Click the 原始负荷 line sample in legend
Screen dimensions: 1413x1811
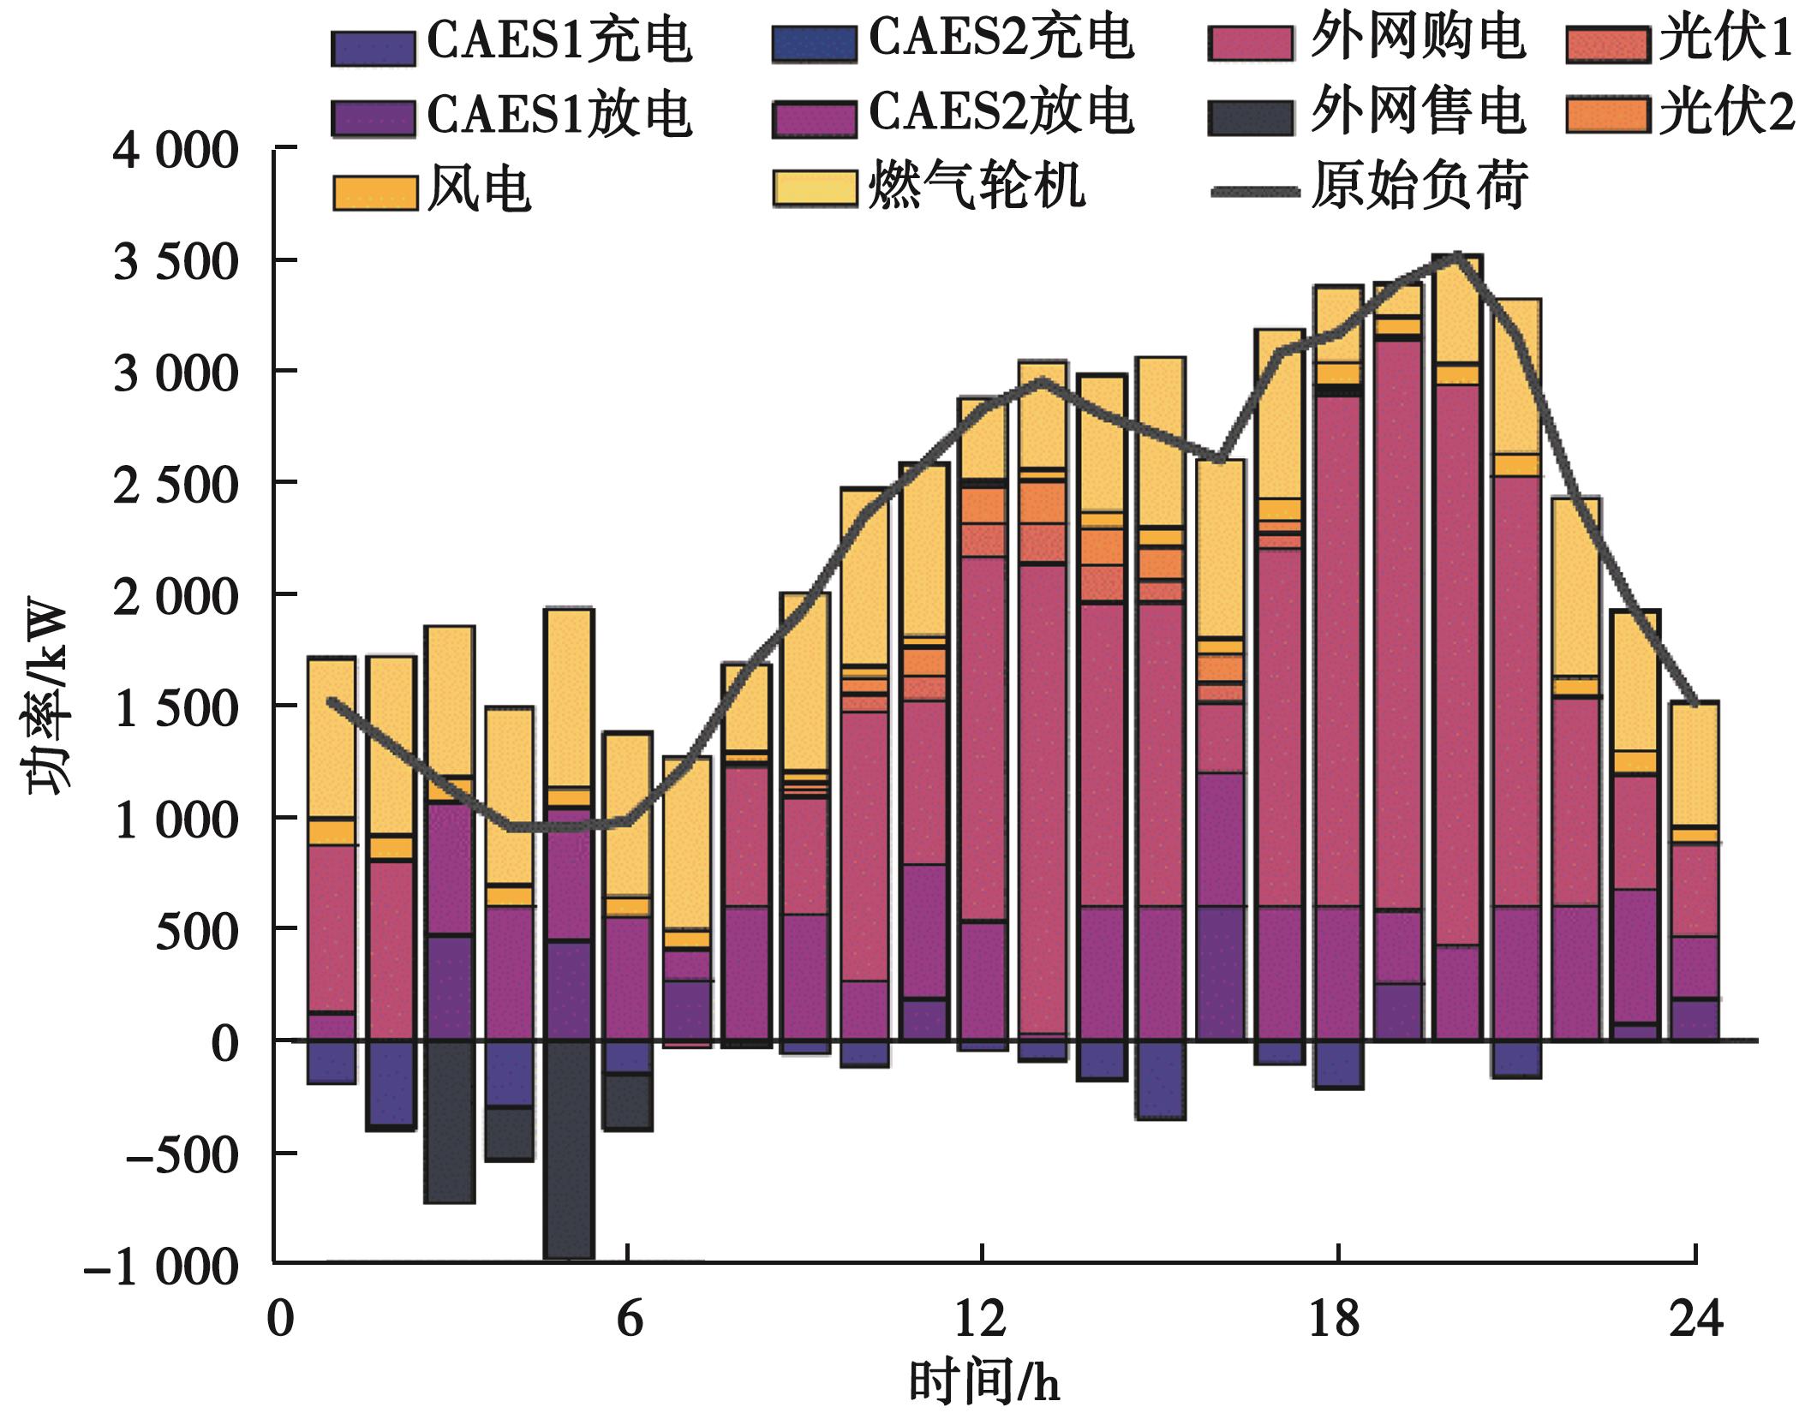(x=1255, y=191)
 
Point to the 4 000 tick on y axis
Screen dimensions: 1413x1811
(x=176, y=152)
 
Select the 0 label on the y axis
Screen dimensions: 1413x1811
(x=224, y=1045)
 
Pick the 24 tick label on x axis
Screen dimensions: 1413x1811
(x=1695, y=1319)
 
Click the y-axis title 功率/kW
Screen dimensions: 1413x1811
(x=47, y=698)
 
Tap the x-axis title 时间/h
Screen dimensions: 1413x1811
(x=983, y=1383)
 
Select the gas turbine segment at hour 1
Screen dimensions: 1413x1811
(x=332, y=736)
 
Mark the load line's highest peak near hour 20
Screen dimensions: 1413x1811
(x=1457, y=256)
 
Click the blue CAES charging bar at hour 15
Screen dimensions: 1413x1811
(x=1160, y=1079)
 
